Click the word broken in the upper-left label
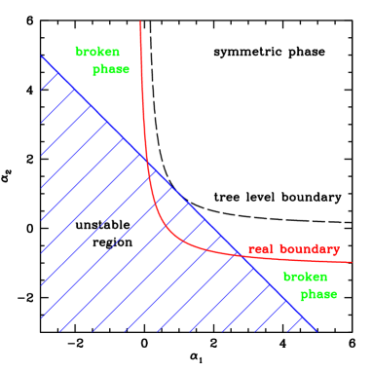tap(97, 52)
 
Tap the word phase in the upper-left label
tap(111, 70)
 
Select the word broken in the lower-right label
tap(305, 277)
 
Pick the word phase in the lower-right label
tap(318, 294)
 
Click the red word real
tap(260, 249)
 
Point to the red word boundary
tap(309, 249)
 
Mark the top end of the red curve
tap(140, 21)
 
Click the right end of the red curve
tap(351, 261)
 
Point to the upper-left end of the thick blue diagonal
tap(42, 56)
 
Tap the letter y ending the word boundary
tap(336, 251)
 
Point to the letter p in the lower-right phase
tap(304, 295)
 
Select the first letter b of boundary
tap(282, 249)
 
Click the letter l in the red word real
tap(271, 249)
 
